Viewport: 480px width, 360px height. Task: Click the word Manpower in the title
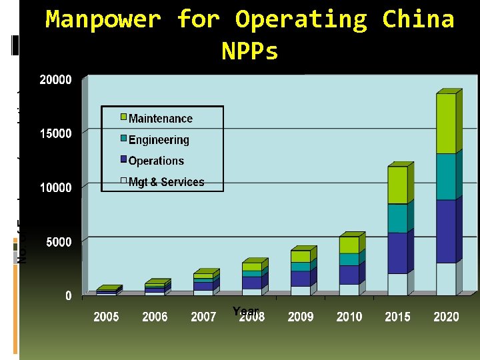click(x=103, y=20)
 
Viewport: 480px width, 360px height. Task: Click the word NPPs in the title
click(x=249, y=51)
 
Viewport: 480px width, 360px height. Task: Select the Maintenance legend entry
click(x=159, y=119)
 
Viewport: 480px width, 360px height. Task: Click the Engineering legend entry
click(x=158, y=140)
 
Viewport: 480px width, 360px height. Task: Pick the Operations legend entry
click(x=155, y=161)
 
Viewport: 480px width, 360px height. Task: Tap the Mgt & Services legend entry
click(x=165, y=182)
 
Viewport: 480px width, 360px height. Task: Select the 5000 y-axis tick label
click(x=59, y=242)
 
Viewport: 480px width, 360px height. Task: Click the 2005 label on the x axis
click(x=106, y=317)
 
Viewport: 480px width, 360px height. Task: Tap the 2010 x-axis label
click(x=349, y=317)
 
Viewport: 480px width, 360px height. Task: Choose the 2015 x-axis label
click(x=397, y=317)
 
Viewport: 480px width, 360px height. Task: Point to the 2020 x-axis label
click(x=446, y=317)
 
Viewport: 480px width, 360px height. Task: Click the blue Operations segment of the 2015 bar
click(x=397, y=253)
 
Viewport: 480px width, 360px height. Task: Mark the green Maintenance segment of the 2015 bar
click(x=397, y=185)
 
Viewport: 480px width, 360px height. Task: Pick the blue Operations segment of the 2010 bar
click(x=349, y=275)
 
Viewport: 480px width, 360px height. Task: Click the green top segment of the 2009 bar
click(x=300, y=256)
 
